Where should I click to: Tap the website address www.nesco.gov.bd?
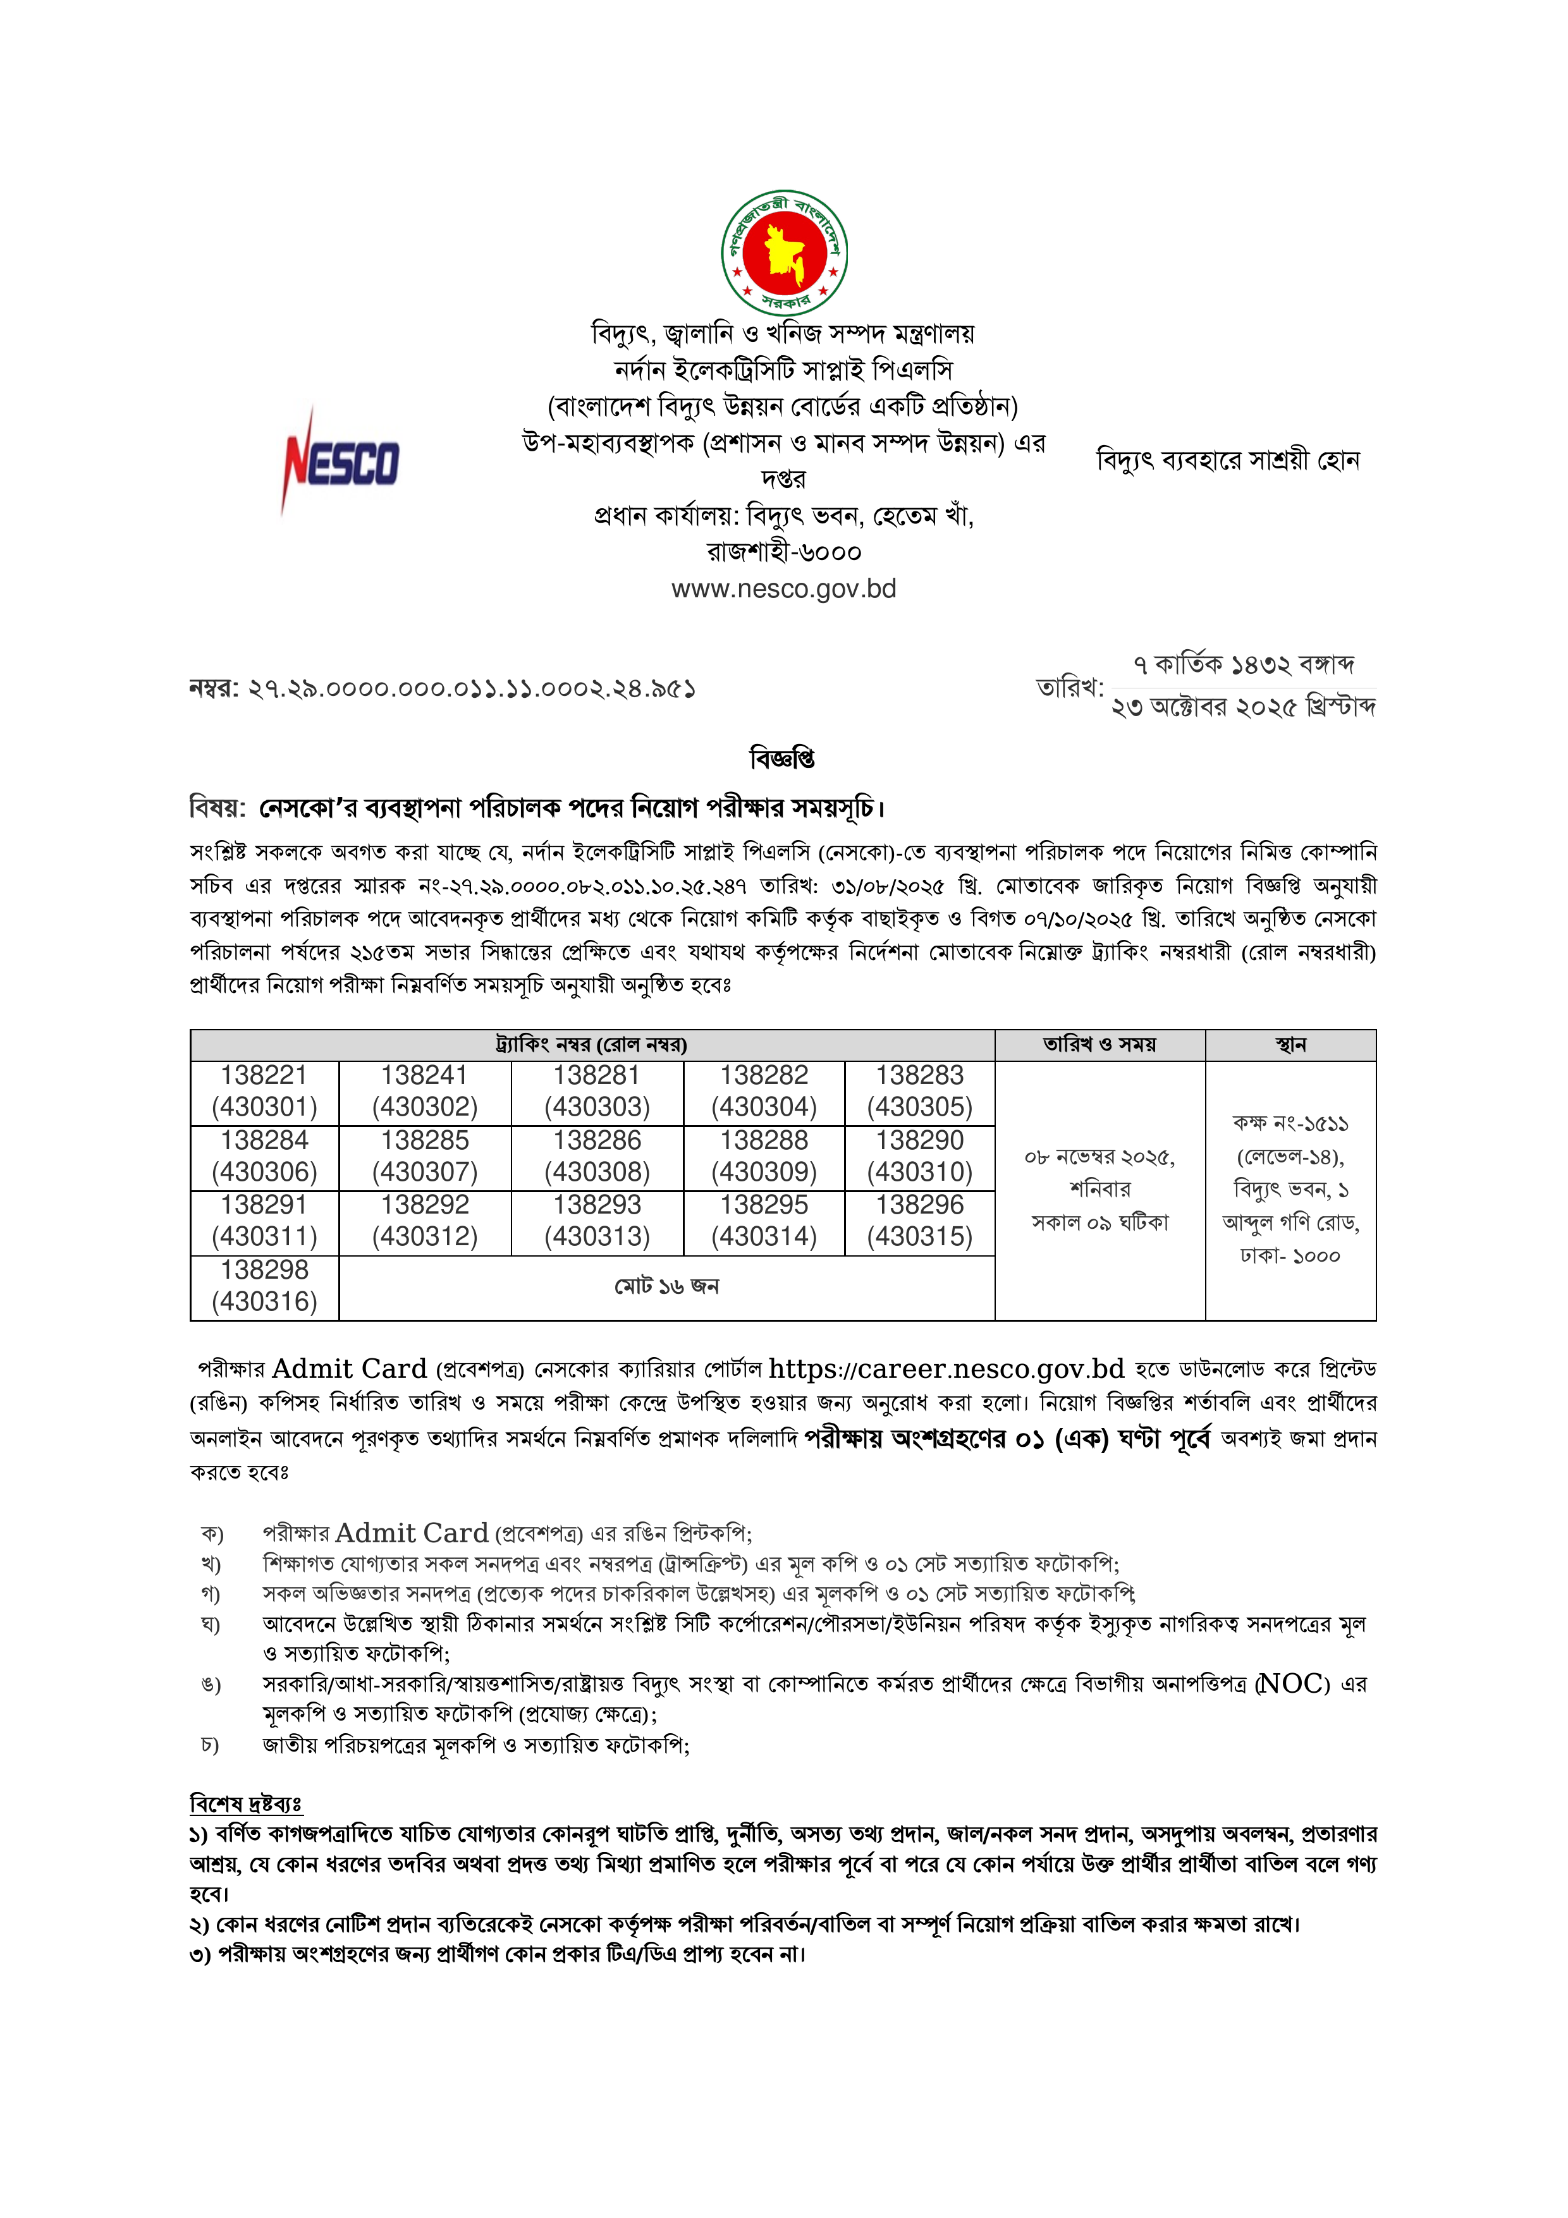783,589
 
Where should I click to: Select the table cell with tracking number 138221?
265,1092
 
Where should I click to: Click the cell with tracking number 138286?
597,1156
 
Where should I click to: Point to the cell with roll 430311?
265,1221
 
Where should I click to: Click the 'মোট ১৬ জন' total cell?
666,1287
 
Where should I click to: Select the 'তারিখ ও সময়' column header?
1099,1045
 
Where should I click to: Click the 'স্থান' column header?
1290,1045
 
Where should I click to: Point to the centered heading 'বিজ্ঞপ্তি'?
783,759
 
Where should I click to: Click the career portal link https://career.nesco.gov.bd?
946,1369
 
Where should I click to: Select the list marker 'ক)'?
212,1534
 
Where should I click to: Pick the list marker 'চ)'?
210,1746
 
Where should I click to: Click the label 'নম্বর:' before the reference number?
214,689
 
